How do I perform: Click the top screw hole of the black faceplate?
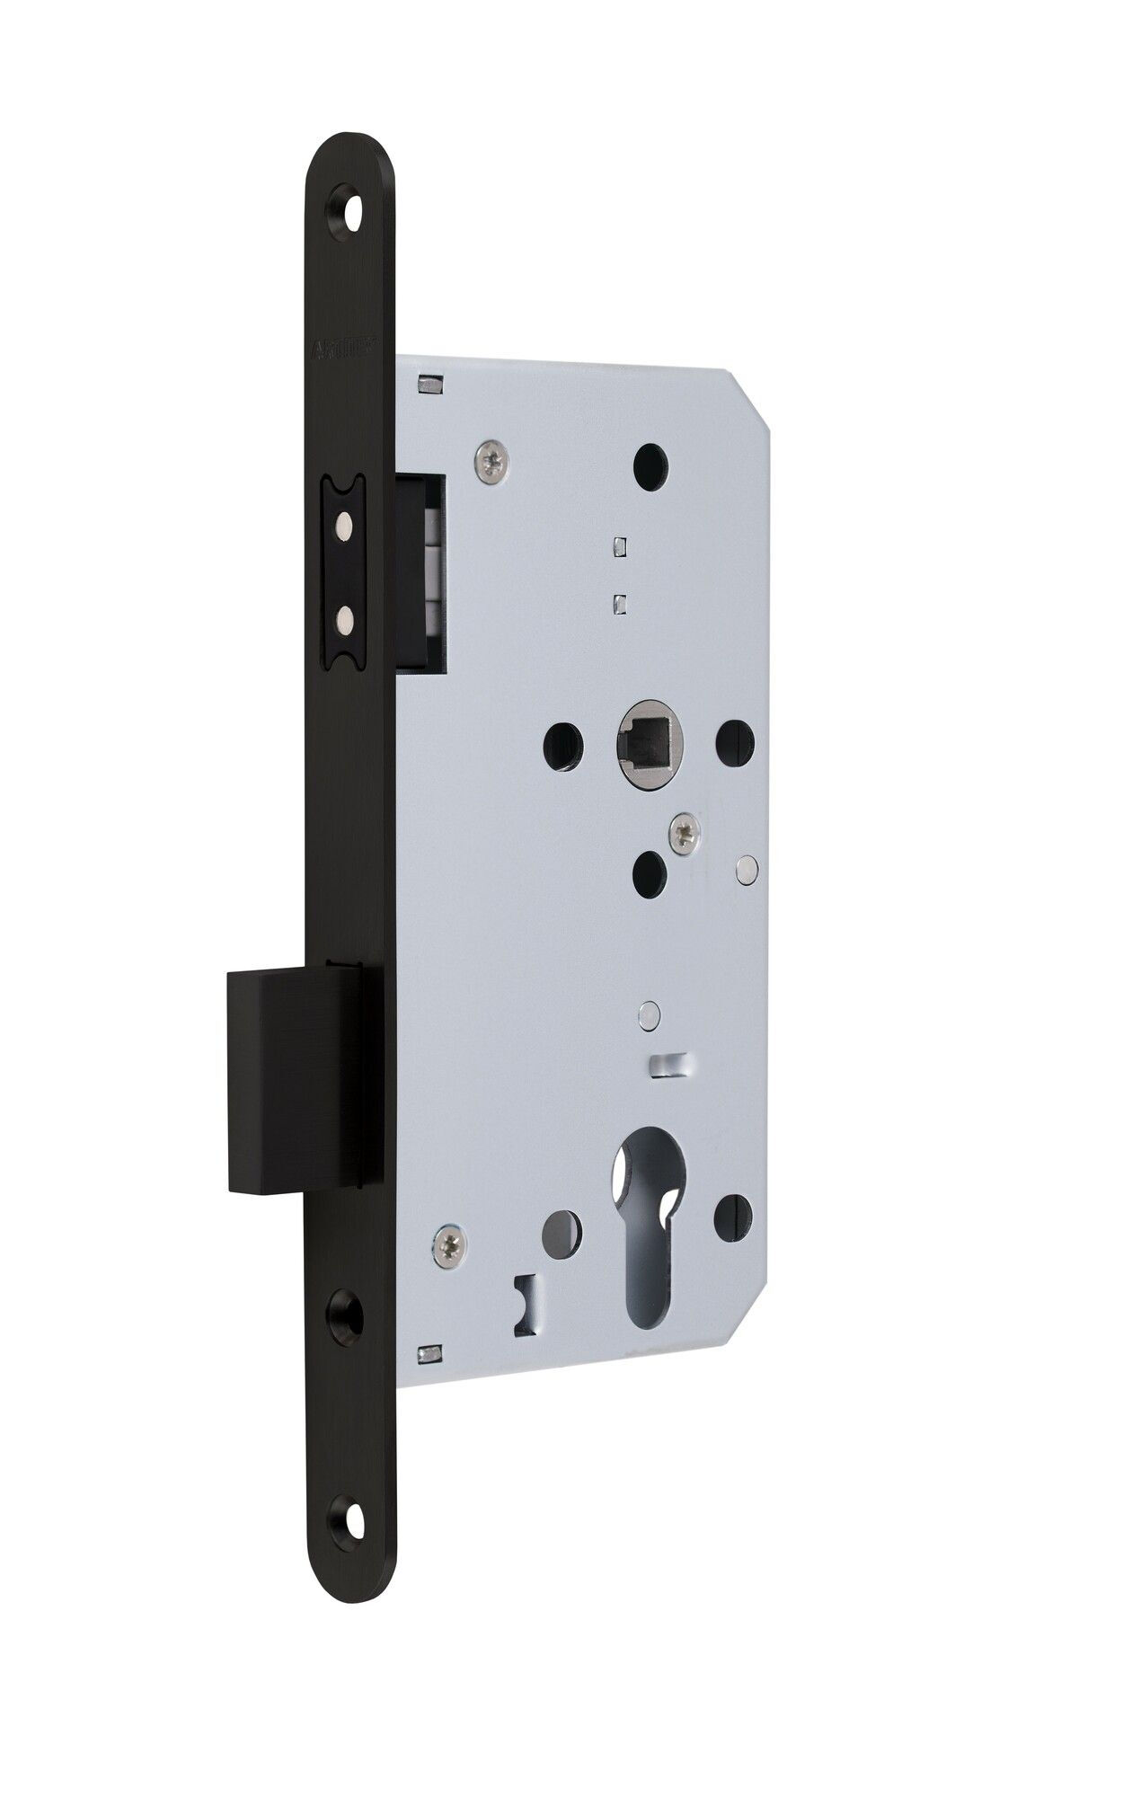[x=349, y=199]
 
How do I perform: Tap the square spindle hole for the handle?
[x=640, y=744]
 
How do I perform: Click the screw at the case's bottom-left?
[x=447, y=1241]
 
